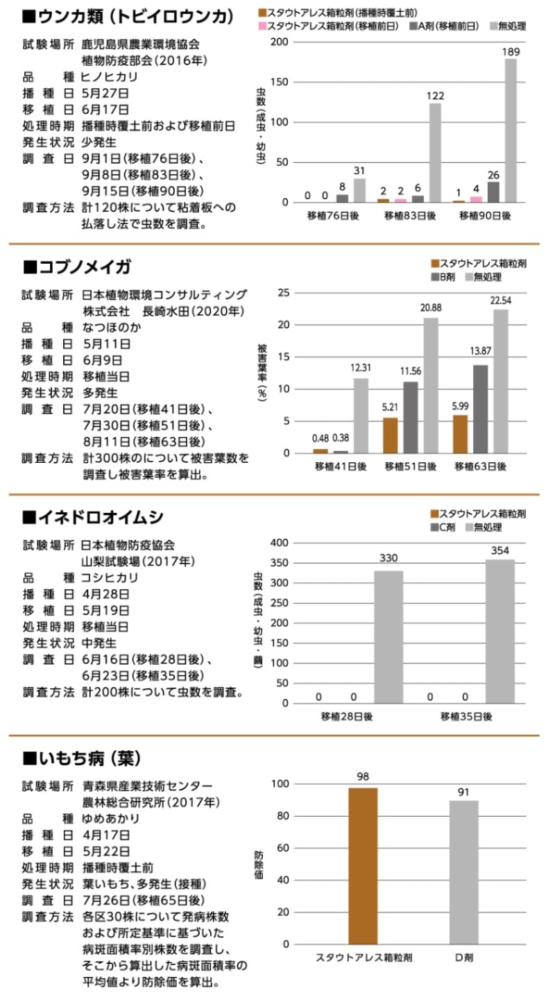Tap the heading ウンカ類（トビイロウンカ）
pyautogui.click(x=128, y=17)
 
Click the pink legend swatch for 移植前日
pyautogui.click(x=261, y=26)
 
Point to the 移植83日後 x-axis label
pyautogui.click(x=411, y=216)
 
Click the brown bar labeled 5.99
pyautogui.click(x=460, y=434)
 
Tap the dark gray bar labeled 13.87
pyautogui.click(x=480, y=409)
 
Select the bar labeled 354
pyautogui.click(x=499, y=631)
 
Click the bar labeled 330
pyautogui.click(x=388, y=636)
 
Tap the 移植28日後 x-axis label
pyautogui.click(x=346, y=717)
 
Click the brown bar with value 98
pyautogui.click(x=363, y=865)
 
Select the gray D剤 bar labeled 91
pyautogui.click(x=463, y=872)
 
